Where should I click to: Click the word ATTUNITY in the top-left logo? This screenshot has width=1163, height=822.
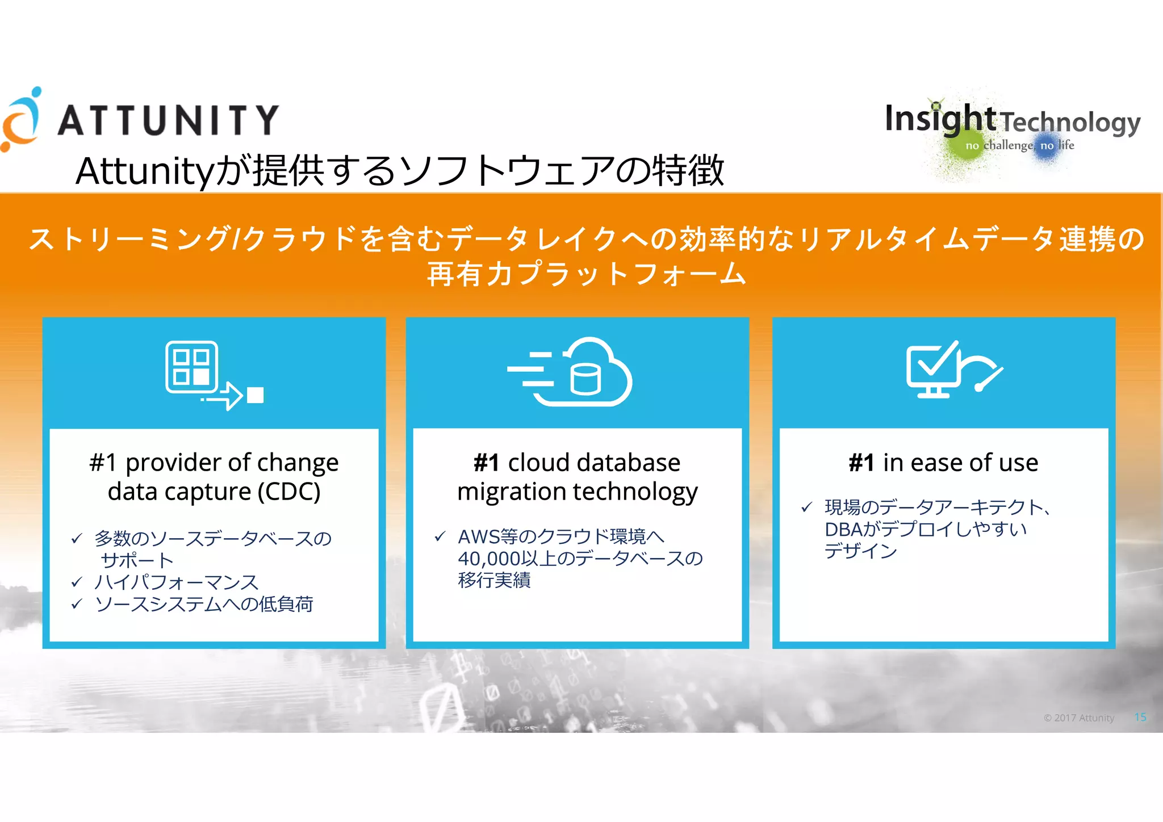pyautogui.click(x=168, y=120)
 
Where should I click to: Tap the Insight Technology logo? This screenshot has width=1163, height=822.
pyautogui.click(x=1012, y=120)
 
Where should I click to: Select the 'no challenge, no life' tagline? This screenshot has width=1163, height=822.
pyautogui.click(x=1019, y=145)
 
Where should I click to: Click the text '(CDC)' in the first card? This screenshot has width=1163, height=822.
pyautogui.click(x=289, y=492)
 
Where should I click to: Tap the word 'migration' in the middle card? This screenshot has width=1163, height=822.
pyautogui.click(x=511, y=492)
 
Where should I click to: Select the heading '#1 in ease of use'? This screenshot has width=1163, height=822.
pyautogui.click(x=943, y=463)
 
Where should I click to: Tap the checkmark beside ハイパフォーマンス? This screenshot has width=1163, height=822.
pyautogui.click(x=77, y=582)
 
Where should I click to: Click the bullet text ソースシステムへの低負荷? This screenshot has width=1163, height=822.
pyautogui.click(x=204, y=604)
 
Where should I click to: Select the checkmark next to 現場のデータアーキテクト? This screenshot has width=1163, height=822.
pyautogui.click(x=806, y=507)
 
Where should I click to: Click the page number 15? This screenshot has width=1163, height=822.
pyautogui.click(x=1140, y=718)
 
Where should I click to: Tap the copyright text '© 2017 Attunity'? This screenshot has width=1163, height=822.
pyautogui.click(x=1078, y=718)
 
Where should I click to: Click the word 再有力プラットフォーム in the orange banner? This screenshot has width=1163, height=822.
pyautogui.click(x=586, y=274)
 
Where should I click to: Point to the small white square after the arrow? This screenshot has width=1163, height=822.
pyautogui.click(x=256, y=395)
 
